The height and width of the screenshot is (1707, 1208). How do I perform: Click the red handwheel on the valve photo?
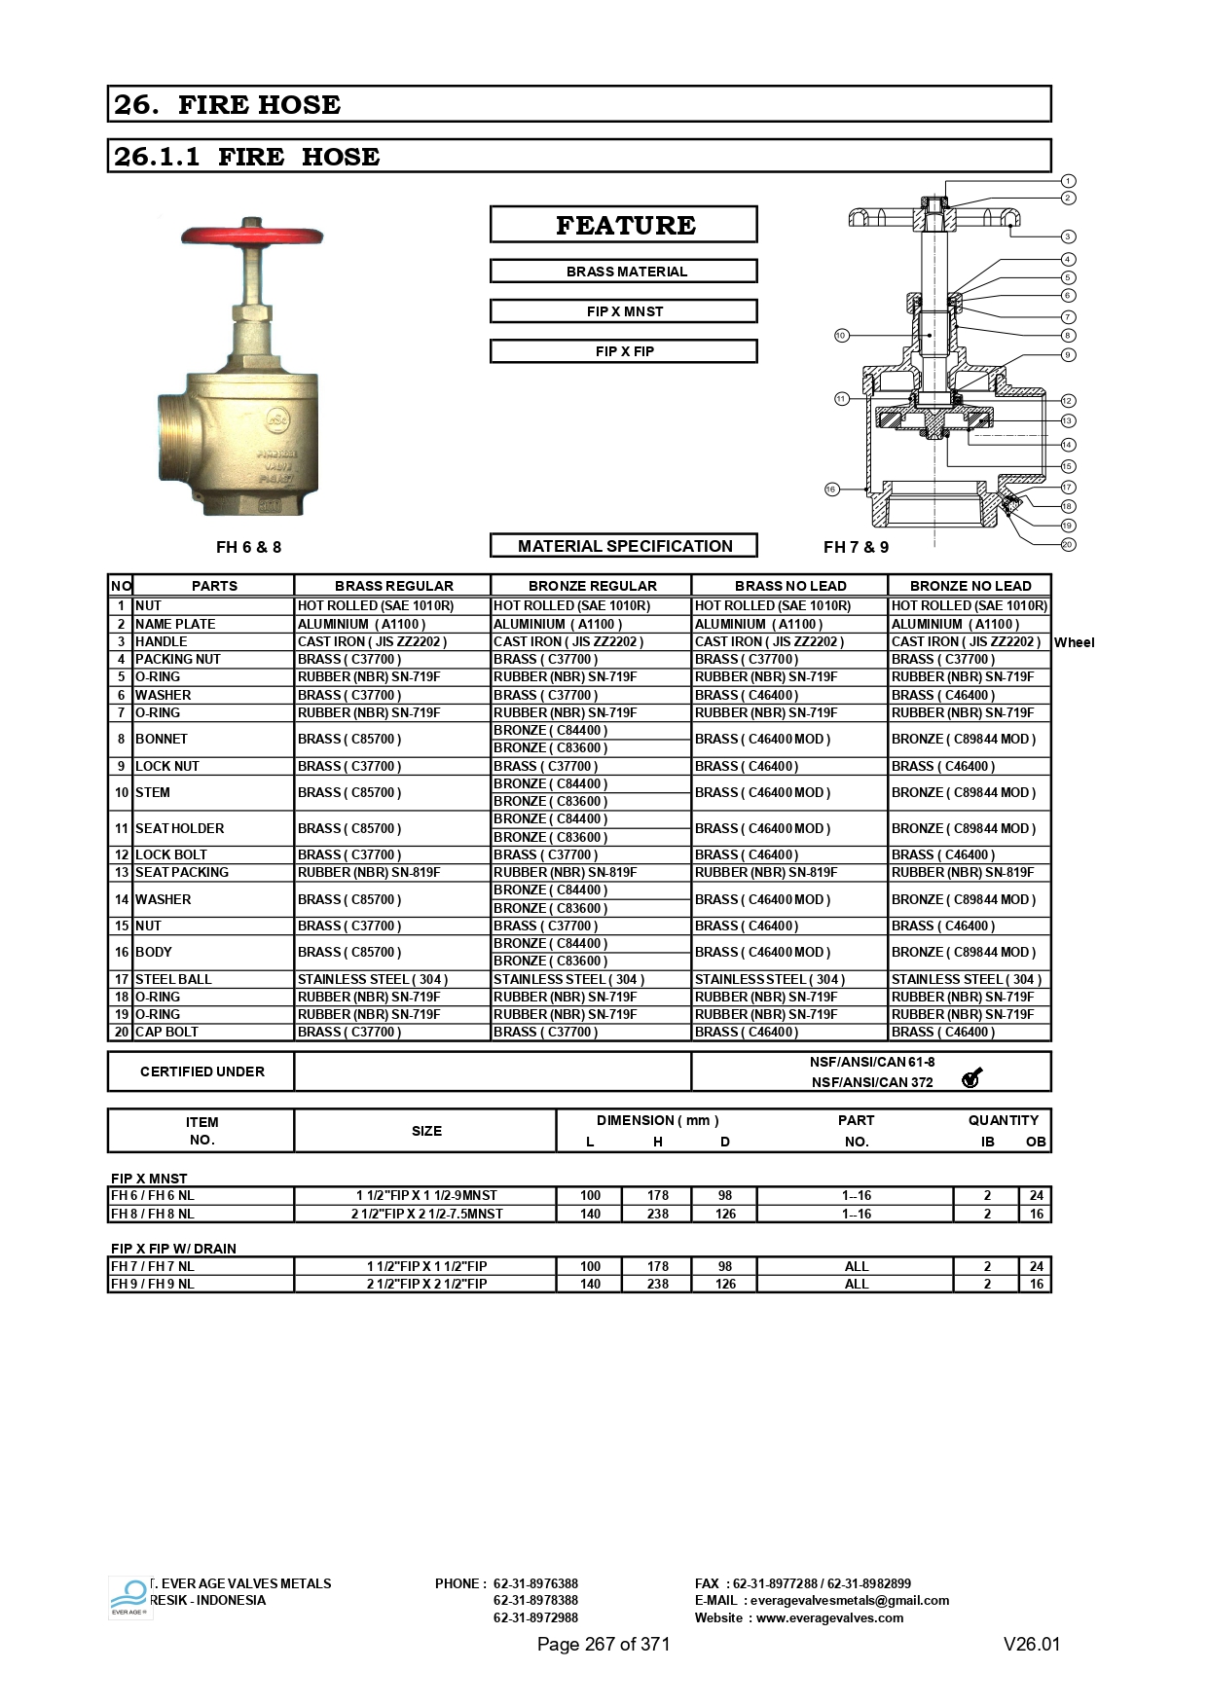tap(251, 236)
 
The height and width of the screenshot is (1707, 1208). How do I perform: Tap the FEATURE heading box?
tap(624, 225)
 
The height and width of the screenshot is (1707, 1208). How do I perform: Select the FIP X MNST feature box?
tap(624, 311)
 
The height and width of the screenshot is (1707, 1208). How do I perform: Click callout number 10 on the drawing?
tap(842, 336)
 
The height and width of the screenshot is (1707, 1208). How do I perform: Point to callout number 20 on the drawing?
tap(1068, 544)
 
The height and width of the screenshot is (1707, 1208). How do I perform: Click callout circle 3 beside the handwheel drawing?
tap(1068, 236)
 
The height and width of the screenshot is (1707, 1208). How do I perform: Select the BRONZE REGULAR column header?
tap(592, 586)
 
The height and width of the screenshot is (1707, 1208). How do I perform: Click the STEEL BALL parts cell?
tap(213, 979)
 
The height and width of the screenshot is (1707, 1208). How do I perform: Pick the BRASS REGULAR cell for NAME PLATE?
tap(391, 624)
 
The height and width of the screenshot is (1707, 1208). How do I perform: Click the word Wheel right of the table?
tap(1074, 642)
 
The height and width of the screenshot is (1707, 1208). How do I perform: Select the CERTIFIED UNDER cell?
tap(201, 1071)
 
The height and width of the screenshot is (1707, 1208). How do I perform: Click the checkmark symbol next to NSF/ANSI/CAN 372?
tap(970, 1077)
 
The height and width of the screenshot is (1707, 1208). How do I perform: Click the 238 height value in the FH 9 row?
tap(658, 1284)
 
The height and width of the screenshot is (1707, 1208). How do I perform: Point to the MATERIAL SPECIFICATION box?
tap(624, 546)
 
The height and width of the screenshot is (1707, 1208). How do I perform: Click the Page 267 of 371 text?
tap(604, 1645)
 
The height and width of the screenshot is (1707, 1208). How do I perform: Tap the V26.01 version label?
tap(1032, 1645)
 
